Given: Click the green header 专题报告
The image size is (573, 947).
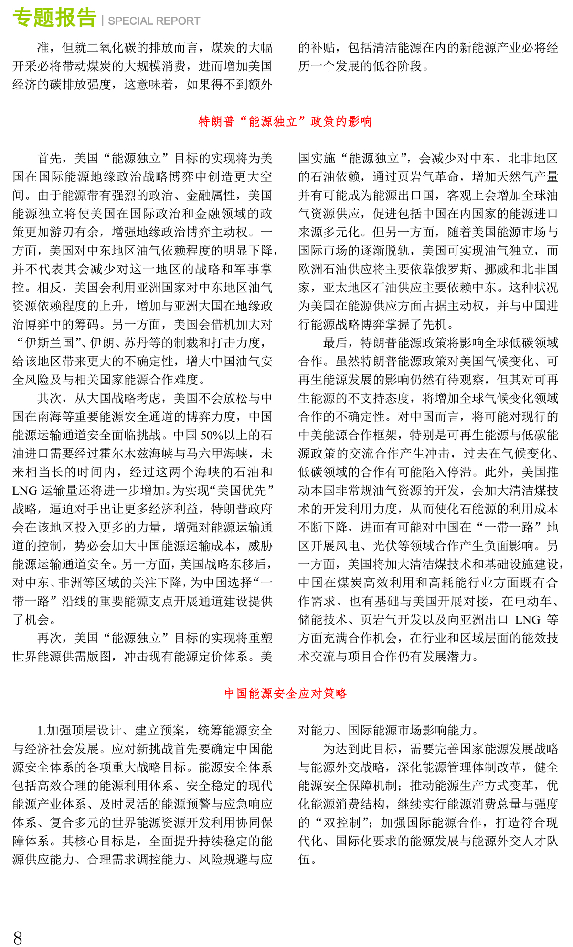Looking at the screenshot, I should (54, 18).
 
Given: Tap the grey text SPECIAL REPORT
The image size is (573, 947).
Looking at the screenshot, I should (154, 21).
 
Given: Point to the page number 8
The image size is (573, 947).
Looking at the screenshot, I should (18, 937).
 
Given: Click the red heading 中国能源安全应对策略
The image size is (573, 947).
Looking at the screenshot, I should (286, 693).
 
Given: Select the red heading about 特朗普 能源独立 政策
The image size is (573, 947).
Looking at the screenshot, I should (285, 121).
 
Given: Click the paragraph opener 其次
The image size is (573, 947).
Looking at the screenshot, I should (50, 398).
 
